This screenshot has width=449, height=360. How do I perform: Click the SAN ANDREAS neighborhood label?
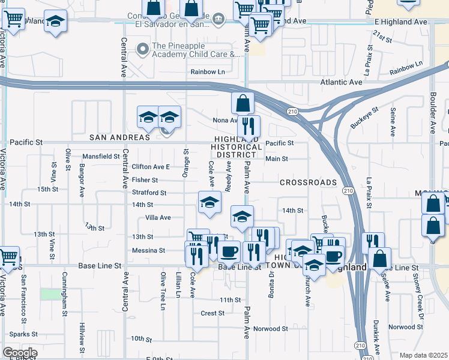119,137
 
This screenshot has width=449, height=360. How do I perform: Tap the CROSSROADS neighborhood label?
308,182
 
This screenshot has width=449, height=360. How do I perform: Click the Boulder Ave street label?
432,112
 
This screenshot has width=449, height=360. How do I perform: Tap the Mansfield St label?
101,156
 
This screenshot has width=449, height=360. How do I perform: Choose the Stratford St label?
149,193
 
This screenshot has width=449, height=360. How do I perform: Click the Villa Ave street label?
158,217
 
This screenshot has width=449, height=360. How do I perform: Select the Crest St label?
212,313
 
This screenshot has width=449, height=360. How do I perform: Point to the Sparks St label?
23,334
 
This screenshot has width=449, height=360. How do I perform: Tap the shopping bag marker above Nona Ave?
243,103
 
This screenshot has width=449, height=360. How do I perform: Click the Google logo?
19,353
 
